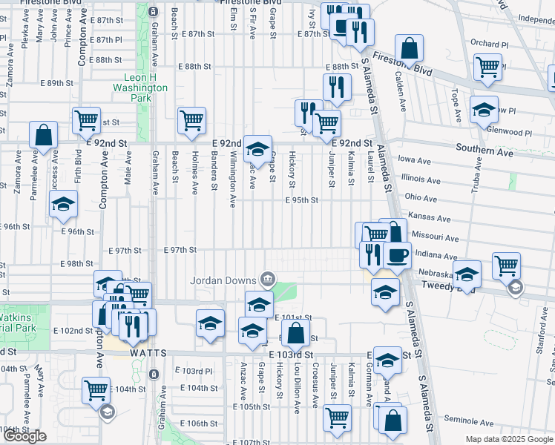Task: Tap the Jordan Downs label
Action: (x=223, y=280)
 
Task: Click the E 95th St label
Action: (x=303, y=200)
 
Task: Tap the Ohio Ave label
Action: (x=421, y=198)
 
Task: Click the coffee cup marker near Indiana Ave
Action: (x=397, y=255)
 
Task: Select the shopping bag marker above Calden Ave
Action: (x=410, y=50)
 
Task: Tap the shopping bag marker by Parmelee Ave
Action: (x=44, y=135)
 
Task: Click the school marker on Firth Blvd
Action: (x=65, y=204)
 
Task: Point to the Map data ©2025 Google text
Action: (x=508, y=439)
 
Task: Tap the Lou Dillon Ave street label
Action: (x=296, y=386)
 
